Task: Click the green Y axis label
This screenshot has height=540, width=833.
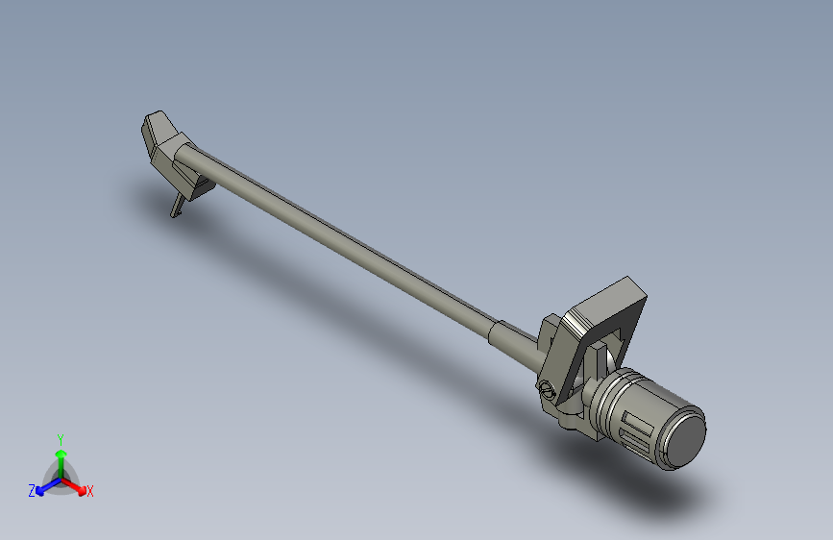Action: click(61, 440)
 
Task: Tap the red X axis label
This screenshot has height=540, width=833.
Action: click(89, 492)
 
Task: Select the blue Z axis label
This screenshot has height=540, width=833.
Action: click(32, 491)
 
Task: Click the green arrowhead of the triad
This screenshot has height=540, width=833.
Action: click(61, 454)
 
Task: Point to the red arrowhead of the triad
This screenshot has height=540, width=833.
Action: click(82, 489)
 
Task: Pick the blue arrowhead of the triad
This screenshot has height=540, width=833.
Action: click(39, 491)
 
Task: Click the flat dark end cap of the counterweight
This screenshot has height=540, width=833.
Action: click(685, 440)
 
